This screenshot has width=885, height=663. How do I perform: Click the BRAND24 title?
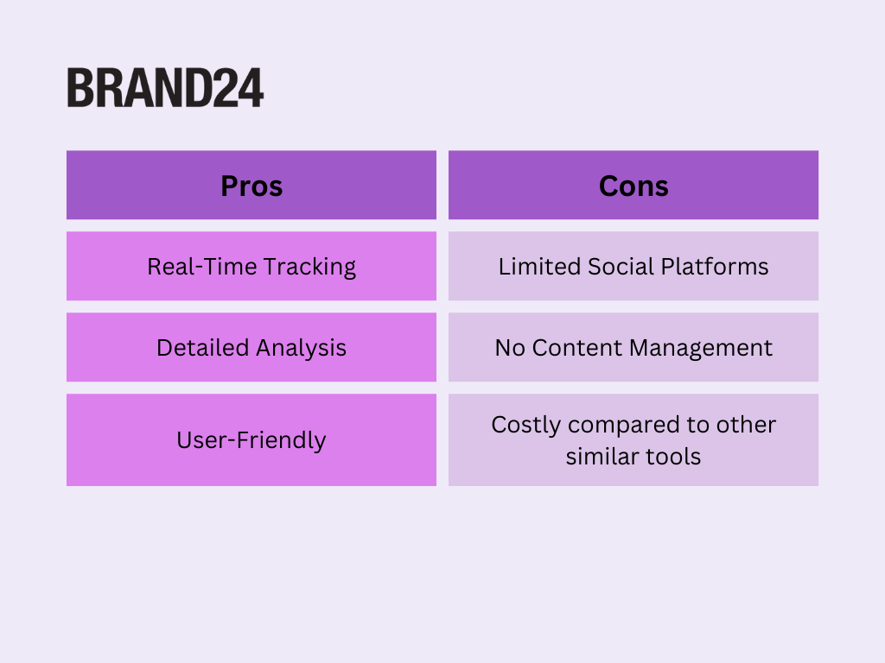click(x=165, y=88)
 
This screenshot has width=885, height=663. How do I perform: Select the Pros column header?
click(x=251, y=186)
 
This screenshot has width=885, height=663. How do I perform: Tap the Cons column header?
click(x=634, y=186)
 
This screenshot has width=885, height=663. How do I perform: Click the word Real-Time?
click(x=201, y=267)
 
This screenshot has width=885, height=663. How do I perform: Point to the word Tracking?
click(x=310, y=268)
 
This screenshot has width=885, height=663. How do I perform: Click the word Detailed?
click(x=202, y=348)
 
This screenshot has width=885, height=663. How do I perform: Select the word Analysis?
click(x=302, y=349)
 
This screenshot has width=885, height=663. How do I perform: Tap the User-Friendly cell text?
click(x=251, y=440)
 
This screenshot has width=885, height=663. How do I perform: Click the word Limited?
click(x=539, y=267)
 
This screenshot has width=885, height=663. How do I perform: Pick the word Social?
click(x=621, y=267)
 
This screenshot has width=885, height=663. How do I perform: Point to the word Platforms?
click(x=715, y=267)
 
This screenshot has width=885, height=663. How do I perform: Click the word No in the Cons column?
click(x=510, y=348)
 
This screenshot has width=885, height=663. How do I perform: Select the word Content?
click(x=577, y=348)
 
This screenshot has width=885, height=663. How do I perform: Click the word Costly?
click(x=526, y=425)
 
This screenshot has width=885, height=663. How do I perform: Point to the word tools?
click(x=673, y=457)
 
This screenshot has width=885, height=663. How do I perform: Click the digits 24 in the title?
click(x=238, y=88)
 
